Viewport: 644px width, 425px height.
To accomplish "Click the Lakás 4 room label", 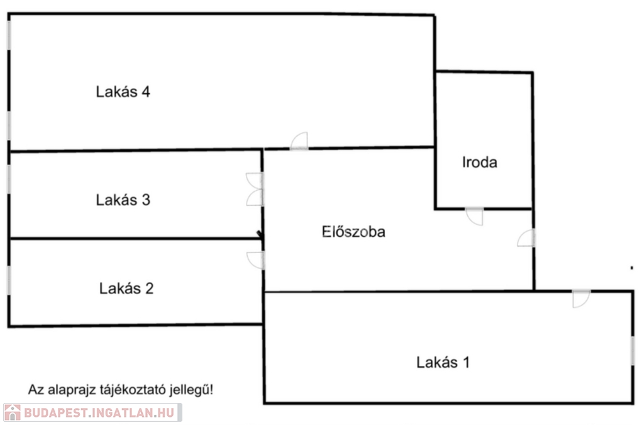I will (123, 92).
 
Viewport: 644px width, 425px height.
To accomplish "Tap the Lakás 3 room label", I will (123, 200).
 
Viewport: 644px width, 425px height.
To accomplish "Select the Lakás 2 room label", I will (126, 289).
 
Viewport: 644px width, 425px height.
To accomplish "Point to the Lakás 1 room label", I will (443, 363).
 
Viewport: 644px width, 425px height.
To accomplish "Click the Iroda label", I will (480, 162).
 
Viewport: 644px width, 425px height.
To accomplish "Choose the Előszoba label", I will (353, 232).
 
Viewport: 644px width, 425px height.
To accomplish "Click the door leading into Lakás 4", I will (299, 142).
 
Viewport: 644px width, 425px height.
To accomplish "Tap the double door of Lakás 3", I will (255, 190).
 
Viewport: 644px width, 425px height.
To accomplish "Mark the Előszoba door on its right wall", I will (527, 239).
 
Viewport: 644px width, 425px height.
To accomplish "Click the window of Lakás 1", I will (633, 350).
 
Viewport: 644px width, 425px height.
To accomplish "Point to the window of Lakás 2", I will (9, 280).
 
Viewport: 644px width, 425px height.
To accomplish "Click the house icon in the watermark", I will (12, 413).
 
